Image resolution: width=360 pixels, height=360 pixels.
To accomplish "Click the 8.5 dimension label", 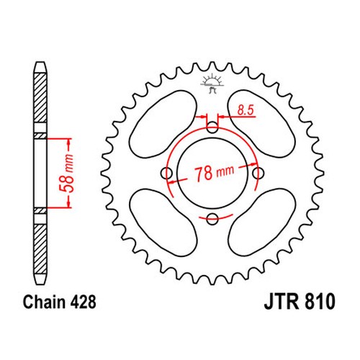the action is coord(246,110).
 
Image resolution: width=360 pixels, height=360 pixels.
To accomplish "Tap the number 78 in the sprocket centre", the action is coord(203,174).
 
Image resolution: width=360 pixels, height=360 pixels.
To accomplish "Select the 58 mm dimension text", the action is coord(66,174).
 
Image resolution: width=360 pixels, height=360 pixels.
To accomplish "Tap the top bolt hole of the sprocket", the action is coord(212,127).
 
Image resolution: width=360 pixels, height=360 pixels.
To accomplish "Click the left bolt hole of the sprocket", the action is coord(166,173).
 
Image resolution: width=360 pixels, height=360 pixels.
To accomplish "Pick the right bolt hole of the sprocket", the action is coord(258,173).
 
